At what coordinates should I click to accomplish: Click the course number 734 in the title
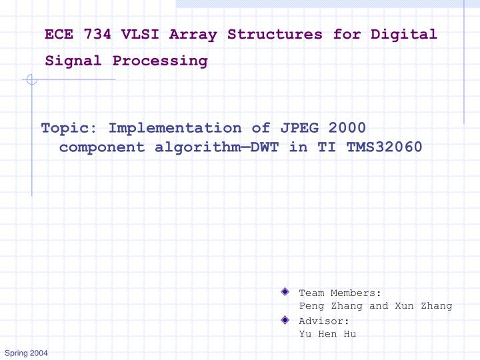pos(97,35)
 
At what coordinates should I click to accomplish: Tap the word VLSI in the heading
pos(141,35)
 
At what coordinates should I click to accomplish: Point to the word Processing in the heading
pos(160,61)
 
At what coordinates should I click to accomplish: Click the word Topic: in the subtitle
pos(69,128)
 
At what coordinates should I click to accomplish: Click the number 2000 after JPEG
pos(343,128)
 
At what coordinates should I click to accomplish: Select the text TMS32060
pos(385,147)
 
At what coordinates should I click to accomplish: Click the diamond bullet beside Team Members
pos(285,292)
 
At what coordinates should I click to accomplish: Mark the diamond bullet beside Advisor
pos(285,320)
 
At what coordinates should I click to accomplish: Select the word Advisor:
pos(324,321)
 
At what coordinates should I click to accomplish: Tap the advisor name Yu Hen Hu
pos(327,334)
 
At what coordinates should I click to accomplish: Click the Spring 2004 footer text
pos(26,353)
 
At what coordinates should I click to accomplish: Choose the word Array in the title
pos(194,35)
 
